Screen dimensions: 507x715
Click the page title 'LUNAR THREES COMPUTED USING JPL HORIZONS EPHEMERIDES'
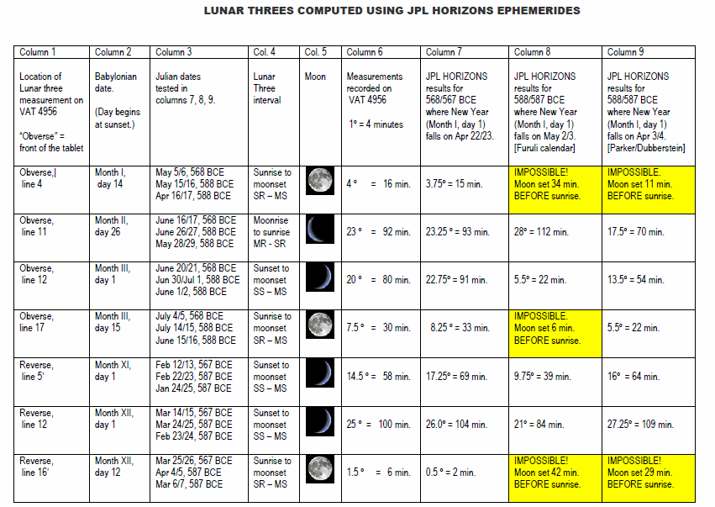(392, 11)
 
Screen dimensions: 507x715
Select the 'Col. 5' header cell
(316, 52)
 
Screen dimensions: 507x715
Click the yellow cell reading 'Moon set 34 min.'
(555, 183)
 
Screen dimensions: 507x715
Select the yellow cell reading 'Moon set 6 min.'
(555, 329)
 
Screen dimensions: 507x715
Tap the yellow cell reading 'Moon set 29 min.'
(649, 473)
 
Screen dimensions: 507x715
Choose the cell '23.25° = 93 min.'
(463, 231)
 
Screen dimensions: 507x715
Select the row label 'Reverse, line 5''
(38, 371)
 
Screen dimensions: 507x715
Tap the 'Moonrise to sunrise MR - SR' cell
(271, 231)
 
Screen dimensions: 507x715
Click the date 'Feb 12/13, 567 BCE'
(194, 365)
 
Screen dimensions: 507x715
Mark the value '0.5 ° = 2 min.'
(452, 473)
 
